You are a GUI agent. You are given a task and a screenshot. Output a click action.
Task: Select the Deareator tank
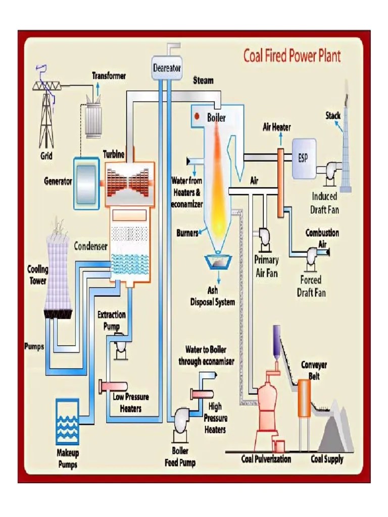tap(167, 68)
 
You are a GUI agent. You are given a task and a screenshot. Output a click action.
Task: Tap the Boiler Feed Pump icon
tap(180, 419)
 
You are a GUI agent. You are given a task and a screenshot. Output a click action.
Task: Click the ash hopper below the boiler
tap(218, 262)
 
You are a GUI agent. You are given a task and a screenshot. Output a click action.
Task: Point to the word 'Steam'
tap(203, 80)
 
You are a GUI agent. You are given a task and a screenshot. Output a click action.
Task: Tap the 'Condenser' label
tap(91, 246)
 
